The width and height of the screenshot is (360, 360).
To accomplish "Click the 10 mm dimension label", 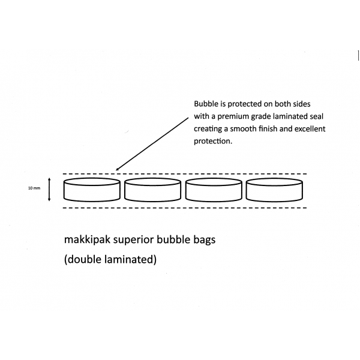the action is click(34, 188).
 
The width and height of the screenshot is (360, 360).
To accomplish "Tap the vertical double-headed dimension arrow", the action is click(49, 190).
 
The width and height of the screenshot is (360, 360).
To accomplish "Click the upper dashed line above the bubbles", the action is click(185, 174).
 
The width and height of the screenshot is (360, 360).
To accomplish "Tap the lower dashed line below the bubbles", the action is click(185, 208).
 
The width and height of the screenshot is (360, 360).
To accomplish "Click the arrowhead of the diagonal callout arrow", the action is click(117, 169).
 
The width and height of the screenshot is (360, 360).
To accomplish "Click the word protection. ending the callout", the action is click(213, 141).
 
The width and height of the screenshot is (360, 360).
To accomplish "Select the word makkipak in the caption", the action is click(87, 239).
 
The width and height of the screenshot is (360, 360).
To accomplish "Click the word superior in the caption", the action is click(133, 240).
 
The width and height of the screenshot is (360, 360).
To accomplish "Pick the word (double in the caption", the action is click(83, 259).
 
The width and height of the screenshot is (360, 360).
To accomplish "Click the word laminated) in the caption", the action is click(130, 259).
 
